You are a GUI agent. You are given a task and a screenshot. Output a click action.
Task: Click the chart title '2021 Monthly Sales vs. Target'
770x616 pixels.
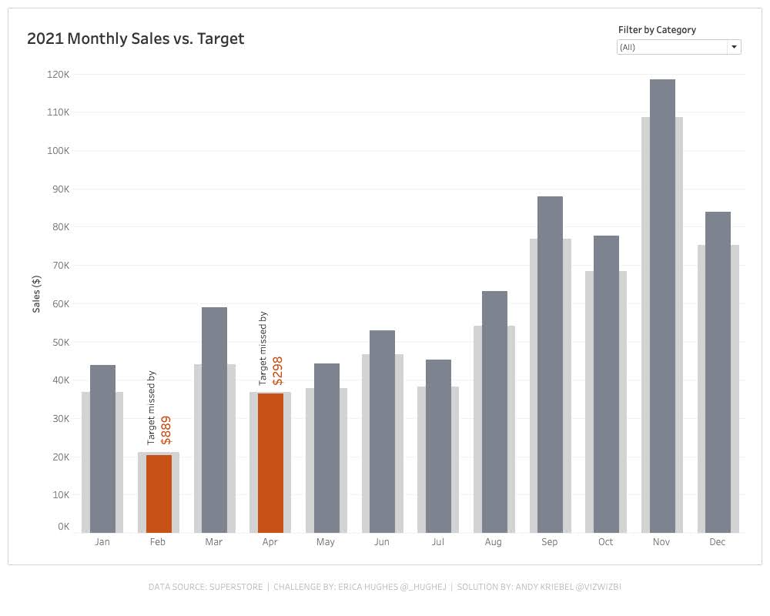click(x=136, y=38)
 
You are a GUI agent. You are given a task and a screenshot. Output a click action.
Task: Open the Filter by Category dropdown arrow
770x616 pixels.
click(x=734, y=47)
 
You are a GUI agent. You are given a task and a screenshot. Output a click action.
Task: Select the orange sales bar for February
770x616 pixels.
click(x=159, y=494)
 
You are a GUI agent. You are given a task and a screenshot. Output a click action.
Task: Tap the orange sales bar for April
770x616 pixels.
click(x=270, y=462)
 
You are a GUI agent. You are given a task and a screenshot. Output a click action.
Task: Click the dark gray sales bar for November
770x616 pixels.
click(x=662, y=308)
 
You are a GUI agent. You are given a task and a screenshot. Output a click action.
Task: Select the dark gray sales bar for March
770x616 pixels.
click(x=214, y=420)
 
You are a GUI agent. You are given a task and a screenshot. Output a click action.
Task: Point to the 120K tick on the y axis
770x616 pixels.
click(x=59, y=75)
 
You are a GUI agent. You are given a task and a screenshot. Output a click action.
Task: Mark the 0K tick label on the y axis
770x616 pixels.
click(x=63, y=527)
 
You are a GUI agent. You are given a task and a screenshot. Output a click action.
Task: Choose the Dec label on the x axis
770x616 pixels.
click(x=717, y=542)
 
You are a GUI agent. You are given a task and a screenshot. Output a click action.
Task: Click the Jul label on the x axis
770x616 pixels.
click(x=437, y=542)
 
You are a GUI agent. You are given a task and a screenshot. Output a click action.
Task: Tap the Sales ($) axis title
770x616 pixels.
click(x=37, y=293)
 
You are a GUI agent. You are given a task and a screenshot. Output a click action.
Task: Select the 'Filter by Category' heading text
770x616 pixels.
click(x=657, y=30)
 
